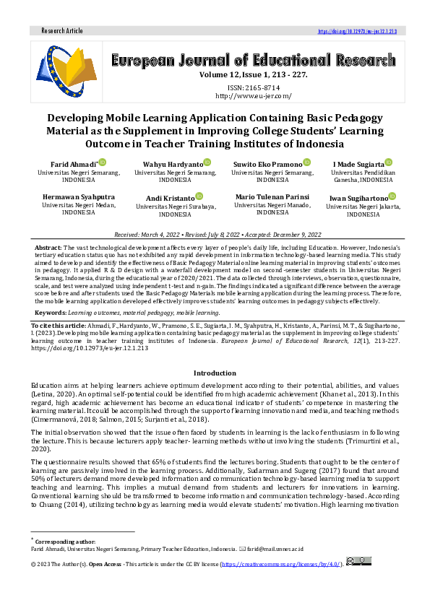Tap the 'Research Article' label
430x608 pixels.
click(62, 31)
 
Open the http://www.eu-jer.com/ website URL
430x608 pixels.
click(253, 95)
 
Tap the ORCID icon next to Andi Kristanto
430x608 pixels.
click(199, 196)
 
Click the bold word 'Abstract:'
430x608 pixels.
click(48, 248)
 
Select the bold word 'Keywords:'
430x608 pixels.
click(51, 313)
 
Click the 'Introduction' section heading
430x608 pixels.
click(215, 373)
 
